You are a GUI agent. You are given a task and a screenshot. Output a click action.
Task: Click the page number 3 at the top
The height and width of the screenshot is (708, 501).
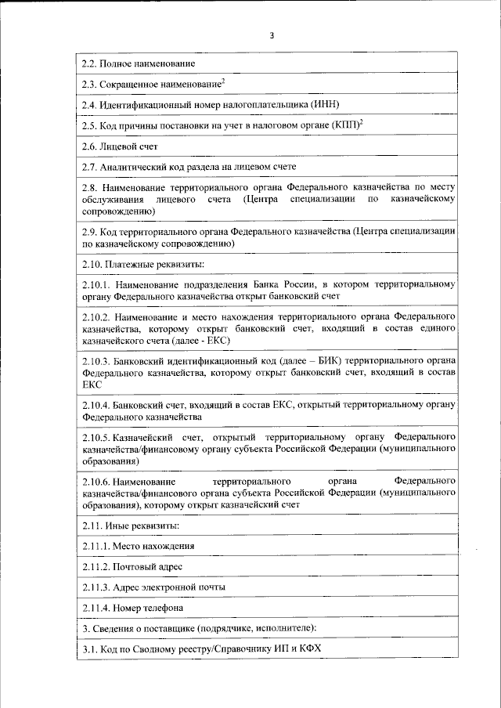coord(272,35)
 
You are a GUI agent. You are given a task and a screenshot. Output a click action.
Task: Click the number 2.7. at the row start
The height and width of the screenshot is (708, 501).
coord(92,168)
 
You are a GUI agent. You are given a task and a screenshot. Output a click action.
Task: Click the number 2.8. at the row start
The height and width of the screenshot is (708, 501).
coord(92,189)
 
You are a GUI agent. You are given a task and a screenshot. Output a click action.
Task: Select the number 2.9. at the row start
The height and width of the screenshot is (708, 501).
coord(92,231)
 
